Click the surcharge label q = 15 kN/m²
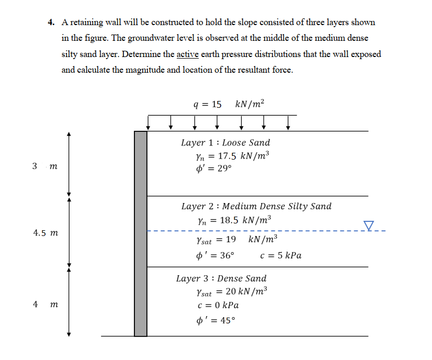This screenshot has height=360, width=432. coord(229,104)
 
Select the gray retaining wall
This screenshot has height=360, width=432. coord(141,233)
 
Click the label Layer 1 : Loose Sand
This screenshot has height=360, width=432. coord(225,142)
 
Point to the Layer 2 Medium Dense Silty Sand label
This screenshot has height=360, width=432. coord(256,206)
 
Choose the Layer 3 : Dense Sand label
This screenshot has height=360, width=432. coord(221,278)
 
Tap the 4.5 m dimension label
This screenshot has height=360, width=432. coord(46,232)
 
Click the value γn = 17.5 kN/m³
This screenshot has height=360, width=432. coord(232,156)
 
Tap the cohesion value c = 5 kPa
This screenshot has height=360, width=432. coord(280,256)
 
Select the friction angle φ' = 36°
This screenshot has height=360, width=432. coord(214,256)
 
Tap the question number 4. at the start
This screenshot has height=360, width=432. coord(51,22)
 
